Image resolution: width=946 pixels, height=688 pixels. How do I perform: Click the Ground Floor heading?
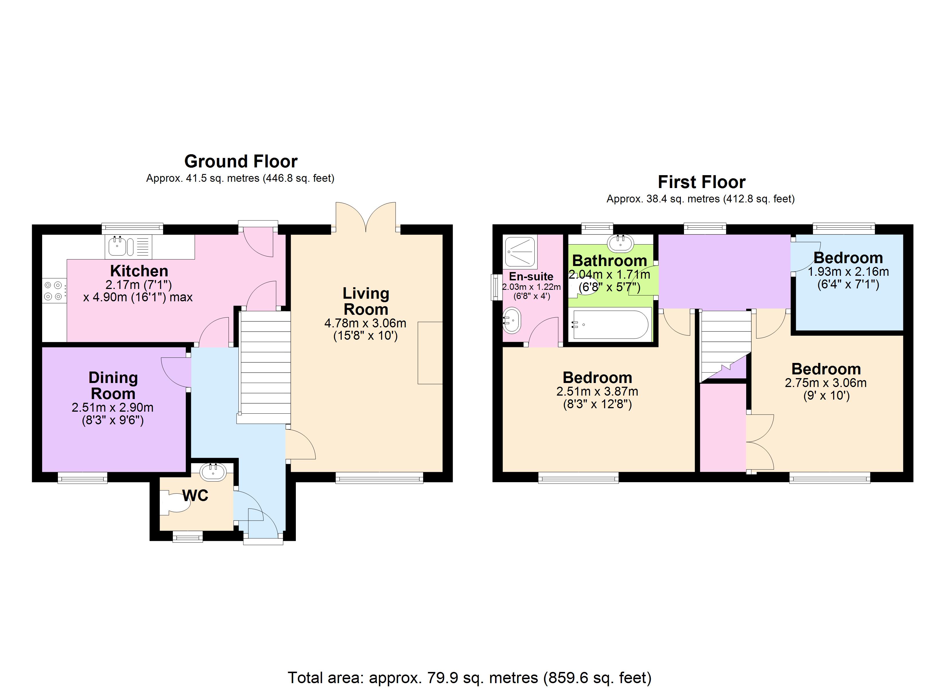coord(241,161)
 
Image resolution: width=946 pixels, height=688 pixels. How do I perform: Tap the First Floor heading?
coord(701,182)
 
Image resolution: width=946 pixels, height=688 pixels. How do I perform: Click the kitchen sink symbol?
coord(118,246)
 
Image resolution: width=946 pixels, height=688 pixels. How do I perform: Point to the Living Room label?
coord(366,301)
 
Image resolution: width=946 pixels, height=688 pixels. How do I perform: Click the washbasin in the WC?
coord(213,472)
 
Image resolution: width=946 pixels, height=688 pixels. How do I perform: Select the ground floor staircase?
coord(264,367)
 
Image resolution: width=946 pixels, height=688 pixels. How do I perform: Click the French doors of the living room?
coord(366,217)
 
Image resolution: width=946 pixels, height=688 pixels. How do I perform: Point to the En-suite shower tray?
coord(519,252)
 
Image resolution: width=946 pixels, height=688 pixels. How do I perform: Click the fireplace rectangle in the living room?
coord(430,353)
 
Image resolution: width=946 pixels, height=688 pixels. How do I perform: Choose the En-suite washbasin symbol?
coord(512,320)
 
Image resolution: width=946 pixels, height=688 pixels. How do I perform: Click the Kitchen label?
coord(139,271)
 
